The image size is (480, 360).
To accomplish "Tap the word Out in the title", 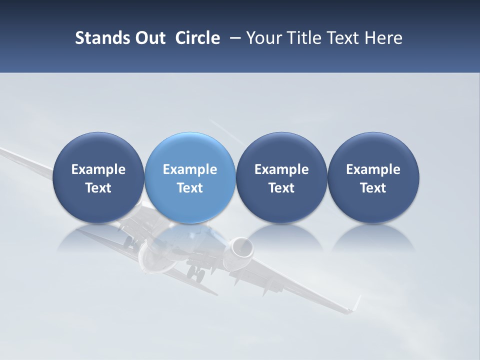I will tap(148, 38).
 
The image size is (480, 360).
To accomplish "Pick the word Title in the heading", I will tap(305, 38).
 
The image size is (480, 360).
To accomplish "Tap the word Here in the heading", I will tap(383, 38).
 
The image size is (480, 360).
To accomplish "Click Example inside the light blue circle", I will tap(189, 169).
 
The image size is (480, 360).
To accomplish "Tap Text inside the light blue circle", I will tap(189, 188).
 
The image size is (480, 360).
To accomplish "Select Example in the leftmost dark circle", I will tap(98, 169).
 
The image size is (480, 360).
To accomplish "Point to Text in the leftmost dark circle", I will tap(98, 188).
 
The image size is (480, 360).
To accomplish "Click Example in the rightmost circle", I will tap(373, 169).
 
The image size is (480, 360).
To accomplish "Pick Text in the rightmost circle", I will tap(373, 188).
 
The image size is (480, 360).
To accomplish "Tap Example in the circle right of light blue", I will tap(281, 169).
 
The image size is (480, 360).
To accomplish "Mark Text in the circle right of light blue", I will tap(281, 188).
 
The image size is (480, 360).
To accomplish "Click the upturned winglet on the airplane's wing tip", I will tap(356, 303).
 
